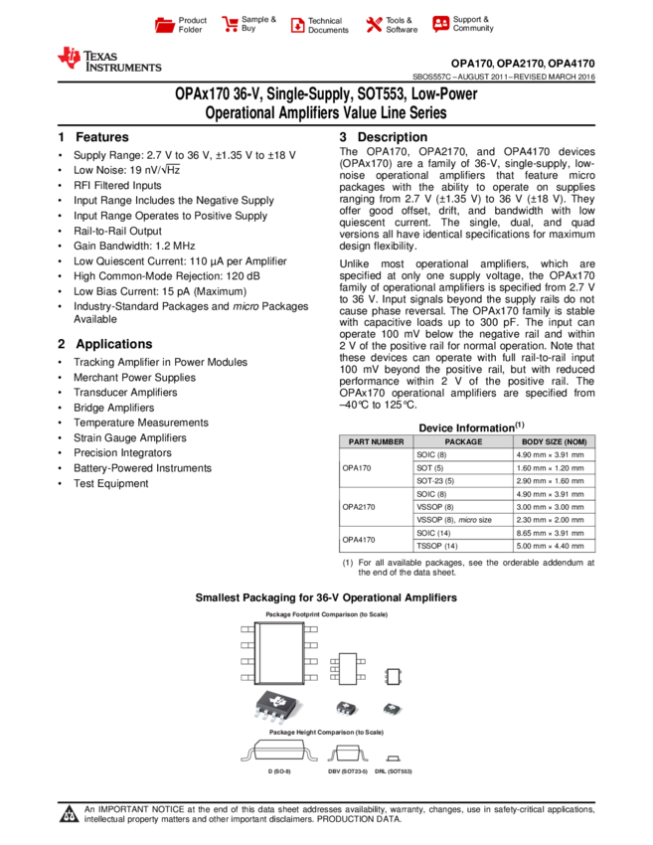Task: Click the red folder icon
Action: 165,26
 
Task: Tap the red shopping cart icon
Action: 231,25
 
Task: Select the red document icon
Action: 297,26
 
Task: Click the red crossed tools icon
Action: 374,25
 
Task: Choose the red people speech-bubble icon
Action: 441,24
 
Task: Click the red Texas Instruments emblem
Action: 69,59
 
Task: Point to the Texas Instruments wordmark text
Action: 121,62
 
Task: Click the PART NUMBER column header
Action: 376,441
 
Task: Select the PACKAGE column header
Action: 463,441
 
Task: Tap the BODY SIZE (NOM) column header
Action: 554,441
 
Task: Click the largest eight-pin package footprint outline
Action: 279,653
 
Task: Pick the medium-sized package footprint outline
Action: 347,668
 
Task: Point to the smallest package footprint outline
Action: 393,677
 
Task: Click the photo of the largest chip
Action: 277,705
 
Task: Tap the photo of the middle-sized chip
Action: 346,708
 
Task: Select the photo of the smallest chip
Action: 393,709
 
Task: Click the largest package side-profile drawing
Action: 279,750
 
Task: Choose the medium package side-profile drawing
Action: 347,753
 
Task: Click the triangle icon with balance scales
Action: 69,815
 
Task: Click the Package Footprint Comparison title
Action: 326,614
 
